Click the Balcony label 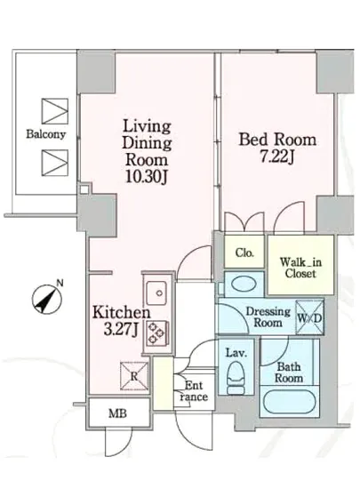(x=46, y=134)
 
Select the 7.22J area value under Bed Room (x=277, y=156)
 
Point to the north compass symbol (x=47, y=299)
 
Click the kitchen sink (x=156, y=293)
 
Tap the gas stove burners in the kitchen (x=156, y=333)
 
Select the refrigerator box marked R (x=134, y=376)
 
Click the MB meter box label (x=118, y=413)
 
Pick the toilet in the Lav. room (x=236, y=378)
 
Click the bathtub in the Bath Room (x=289, y=402)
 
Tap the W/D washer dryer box (x=309, y=317)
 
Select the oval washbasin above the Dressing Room (x=244, y=285)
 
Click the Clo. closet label (x=244, y=253)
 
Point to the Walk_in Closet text (x=300, y=268)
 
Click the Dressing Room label (x=268, y=317)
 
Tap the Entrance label (x=194, y=391)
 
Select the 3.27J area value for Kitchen (x=121, y=329)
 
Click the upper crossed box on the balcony (x=55, y=111)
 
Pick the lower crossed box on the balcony (x=55, y=163)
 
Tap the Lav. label (x=236, y=353)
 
